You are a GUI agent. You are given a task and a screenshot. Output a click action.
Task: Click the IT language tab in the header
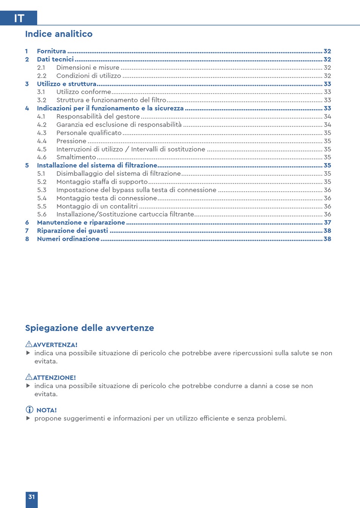click(19, 18)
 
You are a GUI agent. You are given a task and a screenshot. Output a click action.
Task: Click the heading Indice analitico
click(59, 34)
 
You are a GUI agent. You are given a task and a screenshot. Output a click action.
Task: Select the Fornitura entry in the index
click(52, 51)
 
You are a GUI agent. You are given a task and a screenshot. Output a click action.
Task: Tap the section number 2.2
click(42, 76)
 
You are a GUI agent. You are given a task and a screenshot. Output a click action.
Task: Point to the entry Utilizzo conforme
click(84, 92)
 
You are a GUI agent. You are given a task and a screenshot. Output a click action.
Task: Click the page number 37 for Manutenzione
click(327, 223)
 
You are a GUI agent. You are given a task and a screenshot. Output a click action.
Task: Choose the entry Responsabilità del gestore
click(98, 117)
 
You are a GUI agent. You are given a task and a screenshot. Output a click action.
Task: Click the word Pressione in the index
click(71, 141)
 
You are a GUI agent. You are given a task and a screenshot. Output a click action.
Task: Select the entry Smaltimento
click(76, 157)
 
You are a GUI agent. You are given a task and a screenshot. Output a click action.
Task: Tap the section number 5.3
click(42, 190)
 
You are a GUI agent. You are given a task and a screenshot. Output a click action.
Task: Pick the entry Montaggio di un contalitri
click(97, 206)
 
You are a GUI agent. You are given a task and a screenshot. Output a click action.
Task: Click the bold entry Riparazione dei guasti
click(72, 231)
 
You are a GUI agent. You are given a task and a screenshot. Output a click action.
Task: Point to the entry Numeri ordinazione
click(68, 239)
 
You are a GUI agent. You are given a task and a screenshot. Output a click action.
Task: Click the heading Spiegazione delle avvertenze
click(89, 328)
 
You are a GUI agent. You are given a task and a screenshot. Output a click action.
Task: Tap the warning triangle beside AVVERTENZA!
click(29, 344)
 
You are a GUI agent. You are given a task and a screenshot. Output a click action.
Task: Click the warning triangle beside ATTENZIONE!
click(29, 377)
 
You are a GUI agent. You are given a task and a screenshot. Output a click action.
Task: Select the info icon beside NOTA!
click(29, 410)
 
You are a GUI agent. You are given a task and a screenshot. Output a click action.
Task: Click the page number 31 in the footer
click(31, 497)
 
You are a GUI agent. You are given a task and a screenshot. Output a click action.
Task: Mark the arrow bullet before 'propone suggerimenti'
click(28, 419)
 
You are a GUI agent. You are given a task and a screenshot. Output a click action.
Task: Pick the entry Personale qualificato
click(89, 133)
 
